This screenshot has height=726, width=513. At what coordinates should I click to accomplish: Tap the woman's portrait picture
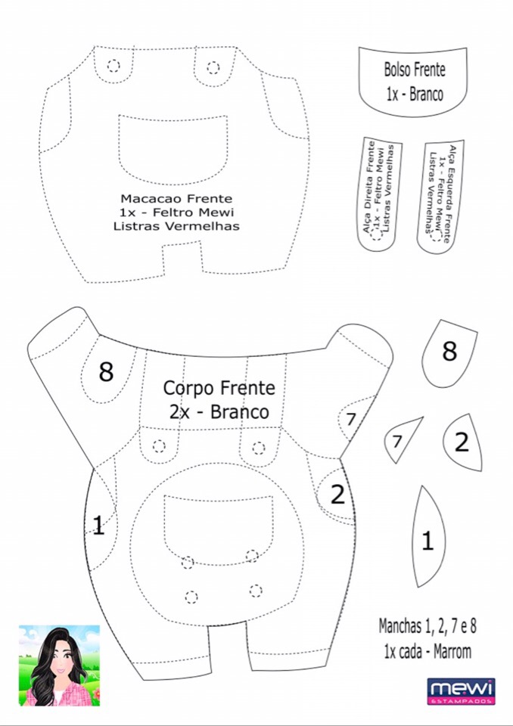click(59, 665)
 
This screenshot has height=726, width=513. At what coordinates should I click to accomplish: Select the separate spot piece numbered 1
click(428, 538)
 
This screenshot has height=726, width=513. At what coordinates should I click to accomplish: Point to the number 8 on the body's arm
click(106, 371)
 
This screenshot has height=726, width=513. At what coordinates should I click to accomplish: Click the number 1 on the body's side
click(98, 526)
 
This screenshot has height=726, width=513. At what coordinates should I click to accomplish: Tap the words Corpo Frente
click(219, 388)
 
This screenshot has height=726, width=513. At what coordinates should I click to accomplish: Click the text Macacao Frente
click(176, 199)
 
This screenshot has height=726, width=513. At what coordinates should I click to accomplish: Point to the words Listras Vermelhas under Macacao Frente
click(176, 225)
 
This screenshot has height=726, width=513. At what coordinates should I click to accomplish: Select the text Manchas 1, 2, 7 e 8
click(427, 626)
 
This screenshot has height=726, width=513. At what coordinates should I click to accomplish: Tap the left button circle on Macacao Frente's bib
click(113, 65)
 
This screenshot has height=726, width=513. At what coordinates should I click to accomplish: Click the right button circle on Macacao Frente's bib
click(213, 67)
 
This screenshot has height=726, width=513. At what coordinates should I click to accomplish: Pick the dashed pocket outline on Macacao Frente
click(173, 147)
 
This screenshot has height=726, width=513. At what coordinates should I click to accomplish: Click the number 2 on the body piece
click(337, 495)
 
